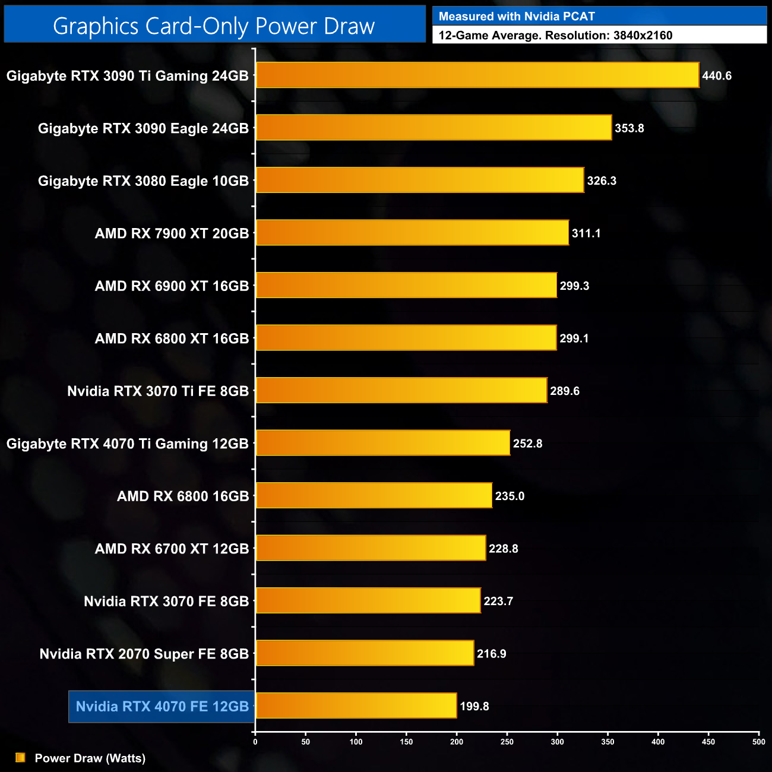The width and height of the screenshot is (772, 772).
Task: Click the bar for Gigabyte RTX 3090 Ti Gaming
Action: [x=477, y=75]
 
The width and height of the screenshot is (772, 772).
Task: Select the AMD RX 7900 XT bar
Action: [x=412, y=233]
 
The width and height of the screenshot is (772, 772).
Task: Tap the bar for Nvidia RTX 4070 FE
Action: [x=356, y=705]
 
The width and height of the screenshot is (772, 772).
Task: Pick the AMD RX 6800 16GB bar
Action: [x=374, y=495]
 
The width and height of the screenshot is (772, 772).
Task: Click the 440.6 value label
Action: [x=717, y=76]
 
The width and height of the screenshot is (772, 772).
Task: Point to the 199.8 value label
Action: [x=474, y=706]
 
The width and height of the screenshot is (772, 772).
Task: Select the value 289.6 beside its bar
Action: [x=565, y=391]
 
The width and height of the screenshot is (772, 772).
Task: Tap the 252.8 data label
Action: [x=527, y=444]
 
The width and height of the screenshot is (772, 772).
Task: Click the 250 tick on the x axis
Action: [x=507, y=742]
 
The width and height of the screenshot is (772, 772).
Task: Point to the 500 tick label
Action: [x=758, y=742]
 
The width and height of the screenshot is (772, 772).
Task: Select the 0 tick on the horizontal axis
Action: [x=255, y=742]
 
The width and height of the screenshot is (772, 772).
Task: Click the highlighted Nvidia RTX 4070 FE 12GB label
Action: [x=162, y=707]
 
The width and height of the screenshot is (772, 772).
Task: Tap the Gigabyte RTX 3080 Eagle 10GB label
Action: [x=143, y=181]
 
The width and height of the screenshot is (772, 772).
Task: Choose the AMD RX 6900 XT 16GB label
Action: [x=172, y=286]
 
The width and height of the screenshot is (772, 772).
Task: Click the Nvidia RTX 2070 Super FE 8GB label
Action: [x=144, y=654]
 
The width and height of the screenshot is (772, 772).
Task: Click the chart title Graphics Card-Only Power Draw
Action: [x=214, y=26]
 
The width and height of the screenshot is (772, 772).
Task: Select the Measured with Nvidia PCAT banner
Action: [x=517, y=17]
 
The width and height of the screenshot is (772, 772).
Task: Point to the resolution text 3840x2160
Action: [x=643, y=36]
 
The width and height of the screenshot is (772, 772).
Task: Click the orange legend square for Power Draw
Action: [x=20, y=758]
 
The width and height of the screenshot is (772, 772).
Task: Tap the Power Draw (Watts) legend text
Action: [x=90, y=758]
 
